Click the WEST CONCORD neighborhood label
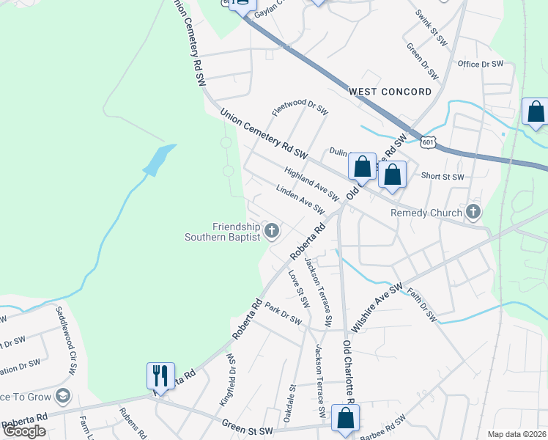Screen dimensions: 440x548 (390, 92)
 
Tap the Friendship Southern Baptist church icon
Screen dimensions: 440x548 (272, 232)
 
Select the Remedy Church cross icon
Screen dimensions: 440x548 (473, 213)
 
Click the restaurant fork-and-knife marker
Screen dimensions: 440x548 (160, 375)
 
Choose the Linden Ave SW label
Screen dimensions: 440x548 (300, 199)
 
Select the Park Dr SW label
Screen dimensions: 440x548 (284, 314)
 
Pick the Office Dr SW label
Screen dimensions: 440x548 (481, 65)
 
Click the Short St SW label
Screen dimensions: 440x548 (443, 177)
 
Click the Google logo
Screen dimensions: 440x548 (24, 430)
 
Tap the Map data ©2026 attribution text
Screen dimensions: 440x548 (516, 433)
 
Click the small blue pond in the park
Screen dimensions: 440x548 (159, 160)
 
